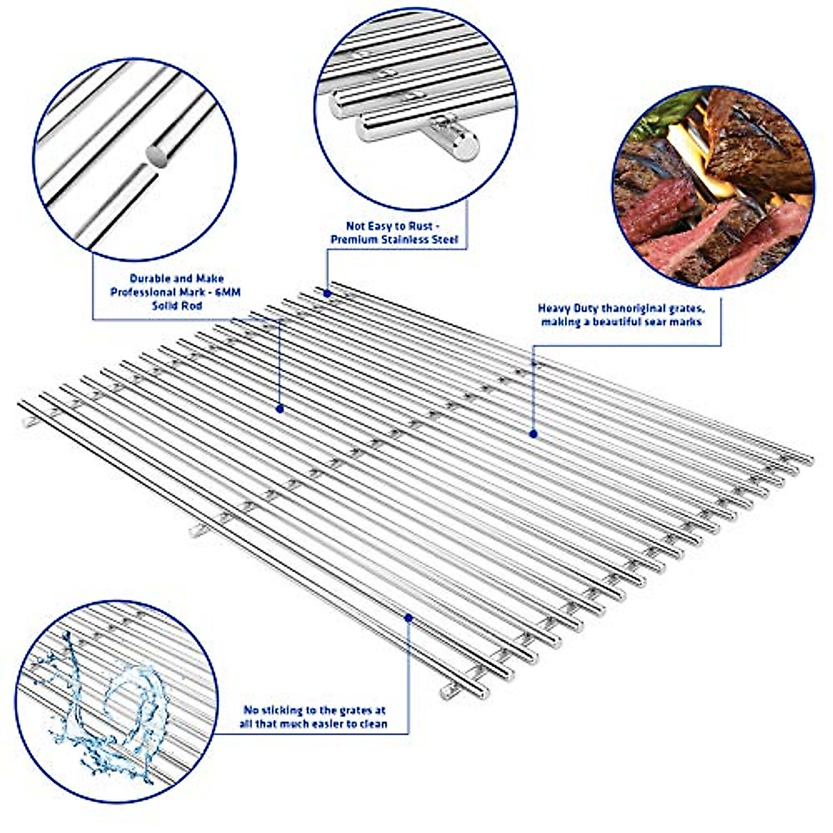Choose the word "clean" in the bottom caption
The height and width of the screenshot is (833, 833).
pyautogui.click(x=371, y=724)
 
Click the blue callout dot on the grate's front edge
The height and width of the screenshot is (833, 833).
pyautogui.click(x=409, y=616)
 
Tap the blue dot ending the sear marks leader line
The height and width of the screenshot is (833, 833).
pyautogui.click(x=533, y=434)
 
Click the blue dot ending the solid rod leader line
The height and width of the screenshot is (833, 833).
pyautogui.click(x=280, y=408)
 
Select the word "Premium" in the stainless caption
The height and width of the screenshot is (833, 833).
pyautogui.click(x=353, y=239)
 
